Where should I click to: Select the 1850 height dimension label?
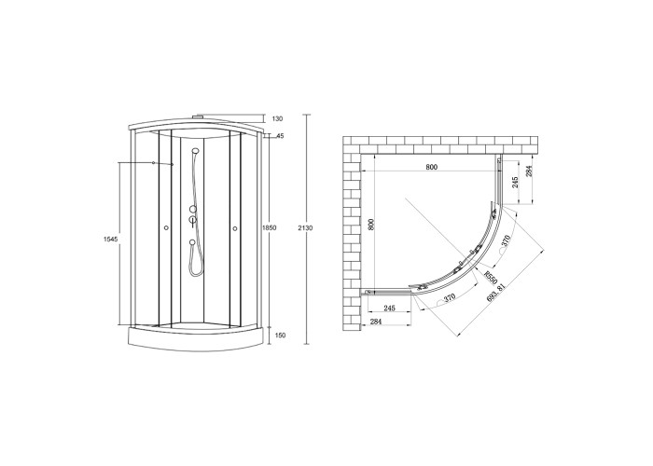270,228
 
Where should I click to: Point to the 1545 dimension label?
111,239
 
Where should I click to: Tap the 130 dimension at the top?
277,119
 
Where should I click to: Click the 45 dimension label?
280,136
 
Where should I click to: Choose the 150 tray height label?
281,336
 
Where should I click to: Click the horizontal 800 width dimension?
432,167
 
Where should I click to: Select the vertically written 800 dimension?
372,225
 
